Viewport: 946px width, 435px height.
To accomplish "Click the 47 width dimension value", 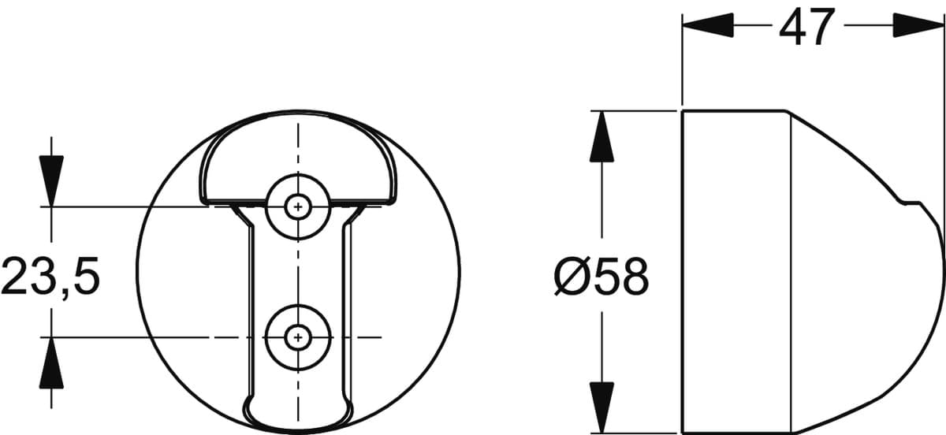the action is [x=807, y=26].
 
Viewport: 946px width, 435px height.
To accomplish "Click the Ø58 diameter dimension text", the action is [x=601, y=277].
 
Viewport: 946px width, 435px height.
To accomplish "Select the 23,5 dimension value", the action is [x=50, y=276].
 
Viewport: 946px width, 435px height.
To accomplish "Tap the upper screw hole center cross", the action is [x=298, y=207].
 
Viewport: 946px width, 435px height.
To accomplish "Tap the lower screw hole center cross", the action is [x=298, y=338].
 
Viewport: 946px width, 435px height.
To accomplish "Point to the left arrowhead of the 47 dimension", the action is [x=708, y=25].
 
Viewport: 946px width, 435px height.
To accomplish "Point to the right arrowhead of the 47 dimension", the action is [x=918, y=25].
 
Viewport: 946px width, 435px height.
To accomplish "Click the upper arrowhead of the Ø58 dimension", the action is [x=601, y=136].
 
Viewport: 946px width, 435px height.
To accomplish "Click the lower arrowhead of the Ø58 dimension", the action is [x=601, y=407].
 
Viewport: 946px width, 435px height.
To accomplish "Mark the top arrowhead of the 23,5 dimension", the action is [x=51, y=181].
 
